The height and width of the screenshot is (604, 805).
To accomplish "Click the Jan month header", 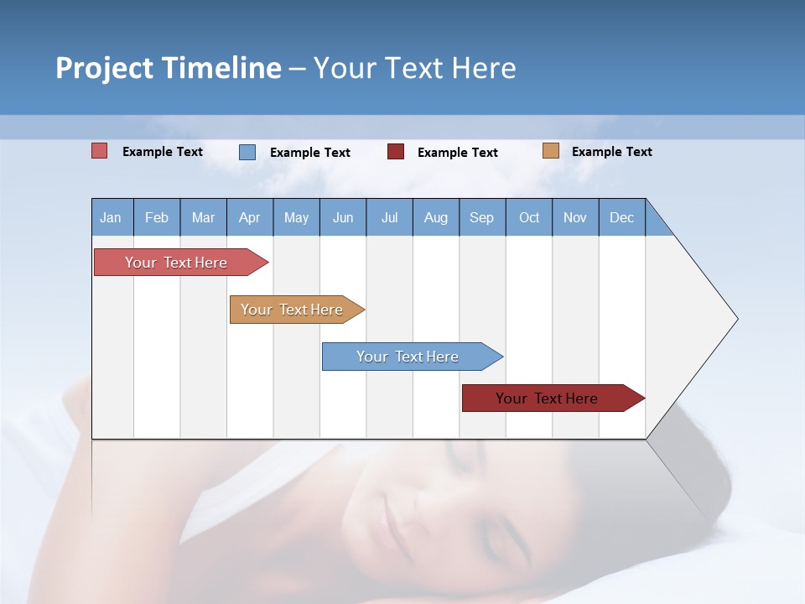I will point(111,217).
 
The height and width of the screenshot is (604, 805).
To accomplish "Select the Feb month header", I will point(157,217).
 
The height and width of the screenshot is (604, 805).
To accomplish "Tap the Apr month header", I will point(249,217).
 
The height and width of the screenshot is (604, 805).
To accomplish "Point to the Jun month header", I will point(343,217).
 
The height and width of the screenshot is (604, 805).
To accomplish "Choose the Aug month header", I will point(436,217).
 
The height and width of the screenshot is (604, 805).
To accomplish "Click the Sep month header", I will point(481,217).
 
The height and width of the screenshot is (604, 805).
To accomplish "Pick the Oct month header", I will point(529,217).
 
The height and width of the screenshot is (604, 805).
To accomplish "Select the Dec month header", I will point(621,217).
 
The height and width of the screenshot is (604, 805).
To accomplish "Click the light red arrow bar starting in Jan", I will point(176,263).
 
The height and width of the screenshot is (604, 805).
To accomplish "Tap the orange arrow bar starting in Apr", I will point(292,310).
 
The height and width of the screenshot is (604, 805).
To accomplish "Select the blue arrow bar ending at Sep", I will point(408,357).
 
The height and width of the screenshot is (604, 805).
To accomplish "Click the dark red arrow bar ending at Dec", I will point(547,398).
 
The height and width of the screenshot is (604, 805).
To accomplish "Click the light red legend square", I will point(100,151).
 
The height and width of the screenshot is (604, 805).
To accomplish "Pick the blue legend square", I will point(247,152).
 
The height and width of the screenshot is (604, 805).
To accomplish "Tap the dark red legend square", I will point(396,152).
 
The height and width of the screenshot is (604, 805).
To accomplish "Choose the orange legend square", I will point(551,151).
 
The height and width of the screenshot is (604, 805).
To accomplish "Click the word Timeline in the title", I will point(221,68).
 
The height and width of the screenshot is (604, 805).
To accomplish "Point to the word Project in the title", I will point(103,68).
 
